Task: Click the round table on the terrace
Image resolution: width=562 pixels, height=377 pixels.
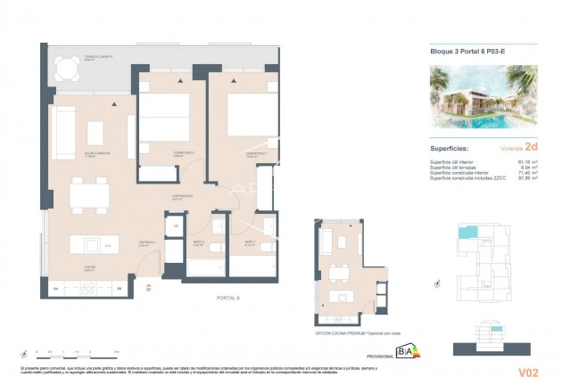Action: (x=63, y=67)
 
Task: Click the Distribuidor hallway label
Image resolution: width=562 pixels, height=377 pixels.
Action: (x=184, y=196)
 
